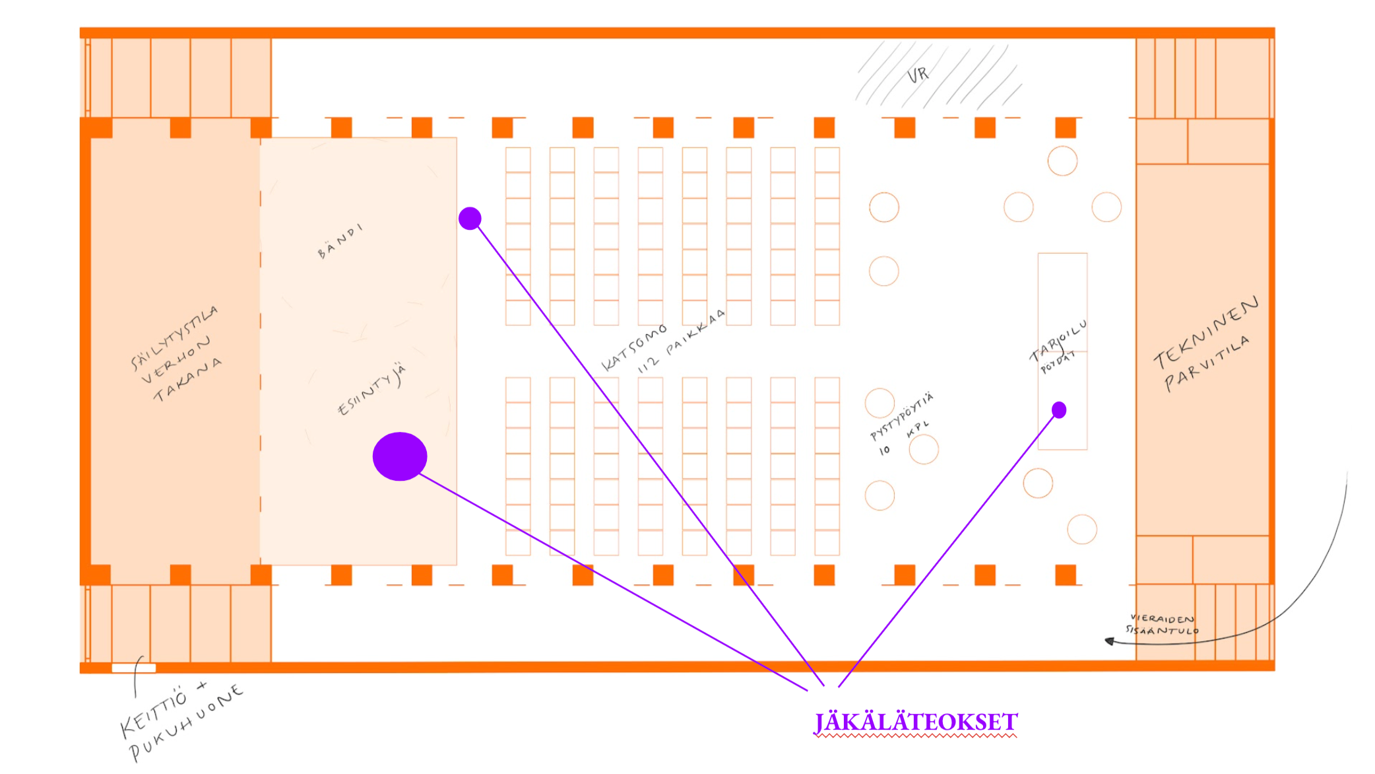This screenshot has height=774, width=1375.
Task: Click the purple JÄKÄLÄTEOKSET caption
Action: coord(916,722)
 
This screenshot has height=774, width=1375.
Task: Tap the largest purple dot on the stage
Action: coord(400,456)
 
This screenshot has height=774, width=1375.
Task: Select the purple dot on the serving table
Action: coord(1059,410)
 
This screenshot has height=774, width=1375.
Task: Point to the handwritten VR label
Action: coord(918,75)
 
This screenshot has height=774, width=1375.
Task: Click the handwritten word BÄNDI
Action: coord(340,241)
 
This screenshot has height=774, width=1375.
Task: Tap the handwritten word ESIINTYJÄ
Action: coord(372,390)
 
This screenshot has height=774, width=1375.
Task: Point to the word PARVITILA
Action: coord(1207,363)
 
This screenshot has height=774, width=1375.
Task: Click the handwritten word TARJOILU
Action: coord(1058,342)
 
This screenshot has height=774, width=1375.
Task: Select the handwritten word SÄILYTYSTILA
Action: coord(174,337)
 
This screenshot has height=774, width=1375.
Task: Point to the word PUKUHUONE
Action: coord(187,723)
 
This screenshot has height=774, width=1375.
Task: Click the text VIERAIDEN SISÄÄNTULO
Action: coord(1163,625)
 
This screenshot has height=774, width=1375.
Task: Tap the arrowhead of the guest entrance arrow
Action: coord(1110,641)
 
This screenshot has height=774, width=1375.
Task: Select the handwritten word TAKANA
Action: coord(187,381)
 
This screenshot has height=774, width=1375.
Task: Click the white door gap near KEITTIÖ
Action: coord(134,668)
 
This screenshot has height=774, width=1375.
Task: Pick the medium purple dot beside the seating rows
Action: coord(470,219)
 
